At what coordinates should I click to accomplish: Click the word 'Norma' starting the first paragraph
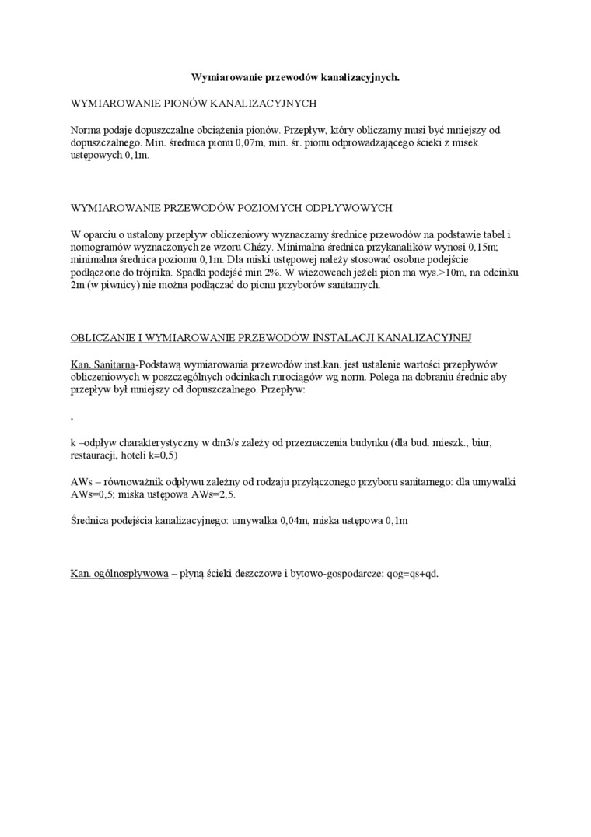(x=86, y=129)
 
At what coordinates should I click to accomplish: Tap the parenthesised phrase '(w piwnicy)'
(x=110, y=286)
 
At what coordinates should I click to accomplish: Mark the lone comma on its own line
(x=72, y=419)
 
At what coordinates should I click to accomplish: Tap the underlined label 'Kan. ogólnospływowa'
(x=120, y=574)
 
